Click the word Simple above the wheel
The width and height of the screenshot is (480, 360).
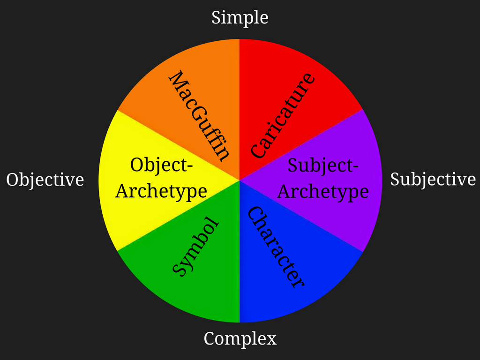point(240,17)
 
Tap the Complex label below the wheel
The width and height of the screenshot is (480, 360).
point(240,338)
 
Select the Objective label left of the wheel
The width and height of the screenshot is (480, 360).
point(45,180)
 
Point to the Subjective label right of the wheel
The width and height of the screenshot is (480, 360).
point(433,180)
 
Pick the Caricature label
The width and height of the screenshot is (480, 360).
point(282,115)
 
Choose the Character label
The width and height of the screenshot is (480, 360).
point(276,247)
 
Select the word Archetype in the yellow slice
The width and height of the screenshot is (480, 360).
point(161,191)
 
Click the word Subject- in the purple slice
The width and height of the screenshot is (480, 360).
point(323,165)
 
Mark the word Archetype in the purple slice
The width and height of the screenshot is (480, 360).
point(323,192)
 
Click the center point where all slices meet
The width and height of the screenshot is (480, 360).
point(240,180)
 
